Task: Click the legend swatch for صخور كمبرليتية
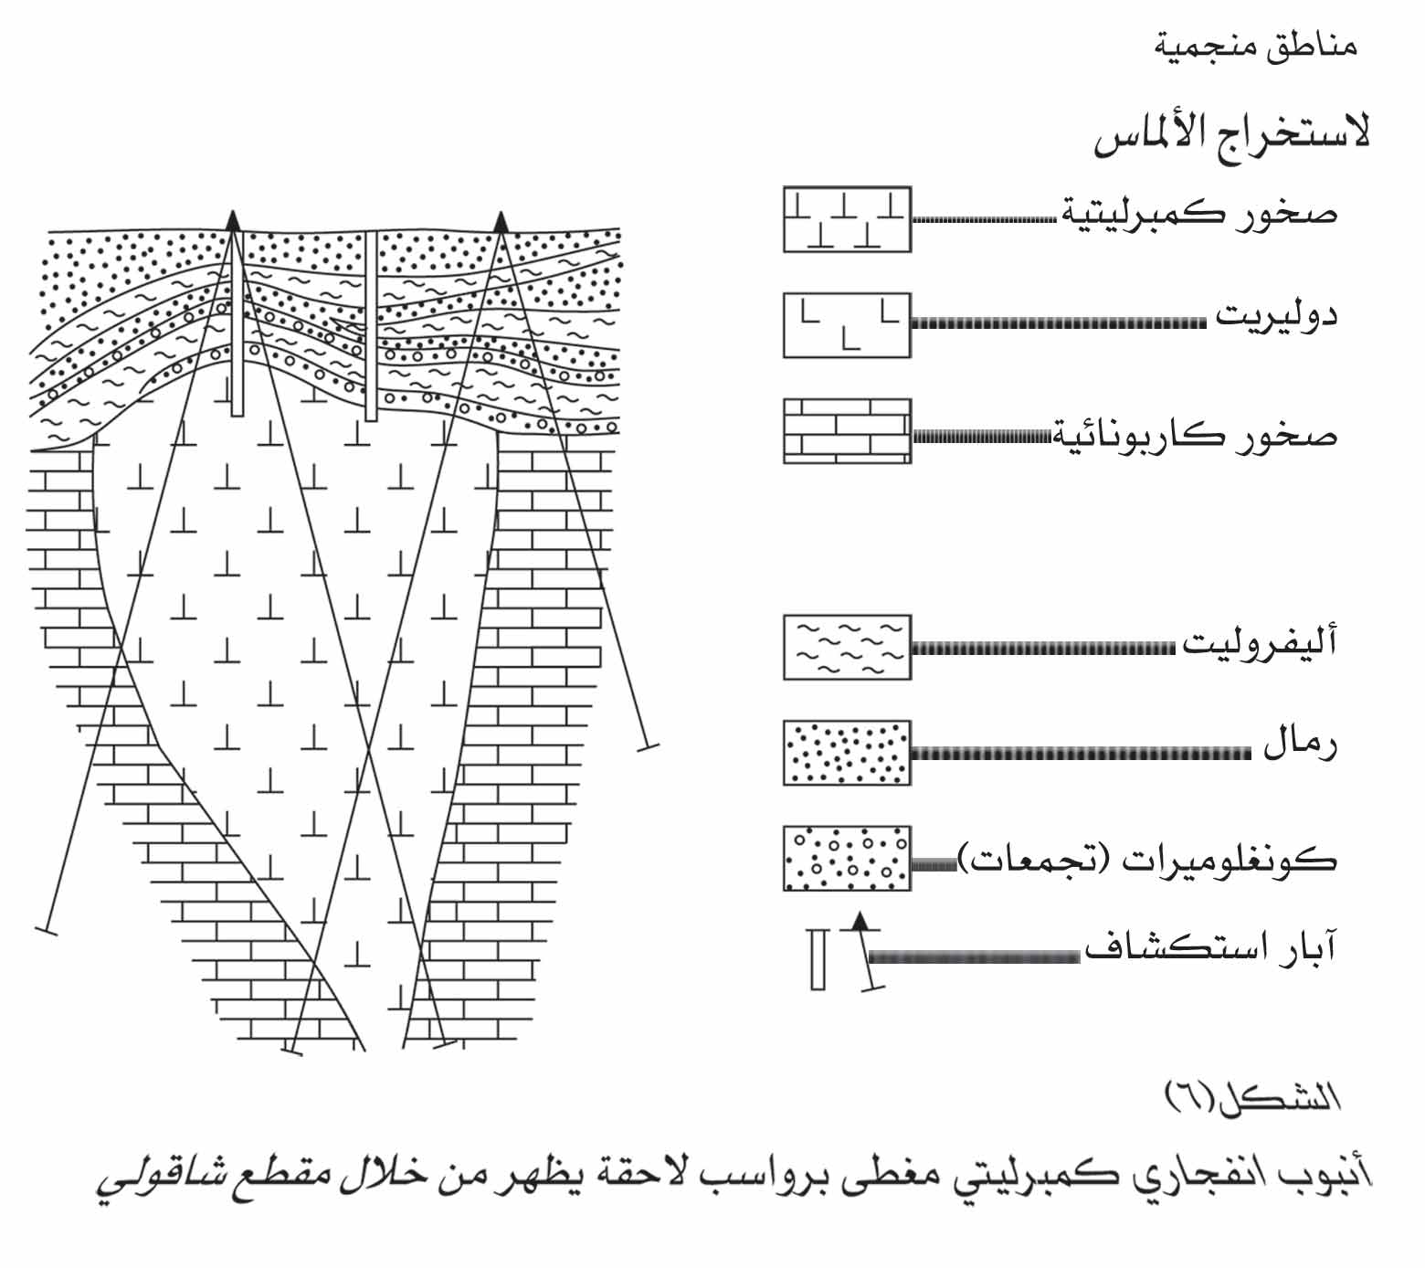tap(847, 219)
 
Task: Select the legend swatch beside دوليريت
tap(847, 325)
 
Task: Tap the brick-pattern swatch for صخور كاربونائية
tap(847, 431)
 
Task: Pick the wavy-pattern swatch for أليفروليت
tap(847, 647)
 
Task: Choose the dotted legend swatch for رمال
tap(847, 753)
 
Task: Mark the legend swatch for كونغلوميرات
tap(847, 859)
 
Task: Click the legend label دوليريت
tap(1275, 318)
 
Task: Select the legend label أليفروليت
tap(1260, 643)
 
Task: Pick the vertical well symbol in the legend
tap(818, 959)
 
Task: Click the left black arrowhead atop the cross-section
tap(233, 218)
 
